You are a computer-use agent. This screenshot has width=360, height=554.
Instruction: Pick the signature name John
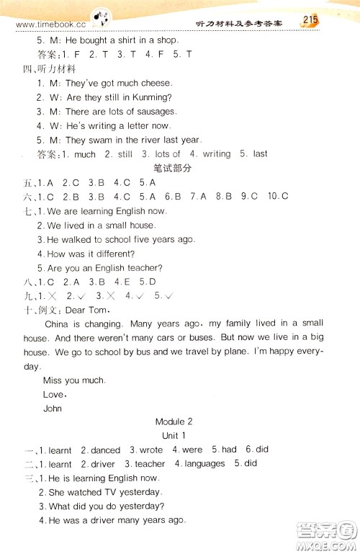tap(53, 408)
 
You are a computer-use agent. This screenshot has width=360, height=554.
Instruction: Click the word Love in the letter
tap(53, 394)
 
